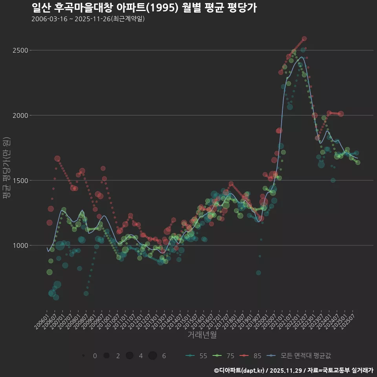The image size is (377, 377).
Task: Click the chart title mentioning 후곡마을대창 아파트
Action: click(144, 8)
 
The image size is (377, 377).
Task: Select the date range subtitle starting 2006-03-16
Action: click(88, 19)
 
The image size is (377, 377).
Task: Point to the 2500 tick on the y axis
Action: click(20, 50)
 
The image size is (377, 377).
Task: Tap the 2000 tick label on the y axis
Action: click(20, 115)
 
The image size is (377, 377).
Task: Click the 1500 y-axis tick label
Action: click(20, 181)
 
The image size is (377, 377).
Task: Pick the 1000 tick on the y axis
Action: click(20, 245)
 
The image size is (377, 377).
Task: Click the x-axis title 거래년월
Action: click(202, 335)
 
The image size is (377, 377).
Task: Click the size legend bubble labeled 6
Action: click(153, 356)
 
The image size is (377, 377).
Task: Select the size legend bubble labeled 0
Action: click(84, 356)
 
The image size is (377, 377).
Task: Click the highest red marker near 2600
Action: click(304, 39)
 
